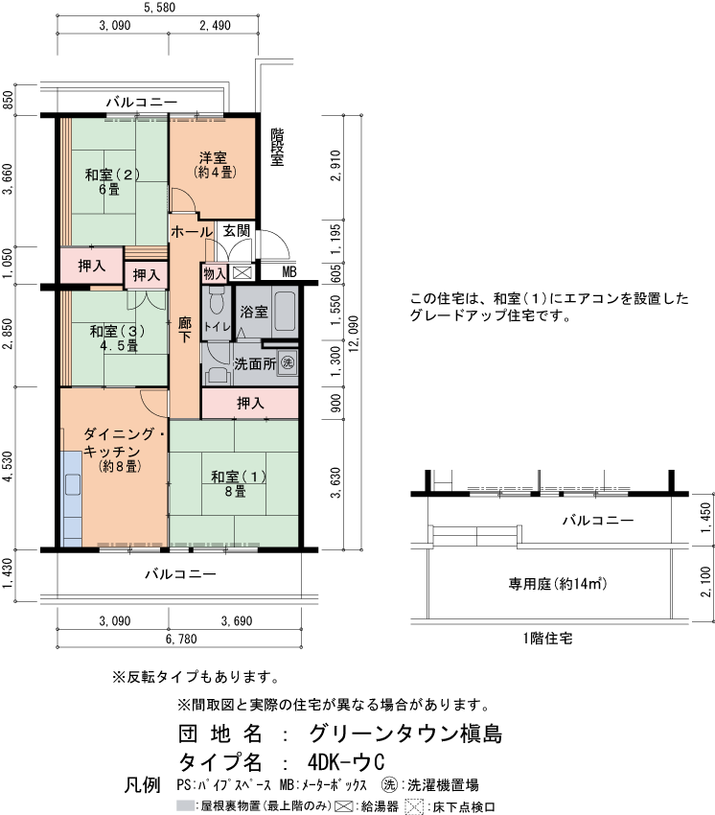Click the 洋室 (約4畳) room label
213,164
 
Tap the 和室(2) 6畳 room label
113,181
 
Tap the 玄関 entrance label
238,231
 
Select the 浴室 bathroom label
253,312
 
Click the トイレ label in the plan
218,327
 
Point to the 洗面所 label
255,364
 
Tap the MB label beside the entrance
289,272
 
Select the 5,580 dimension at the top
159,9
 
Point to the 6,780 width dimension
181,639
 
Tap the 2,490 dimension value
216,27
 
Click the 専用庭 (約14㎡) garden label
547,584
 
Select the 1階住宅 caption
547,638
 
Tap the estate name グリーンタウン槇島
405,733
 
